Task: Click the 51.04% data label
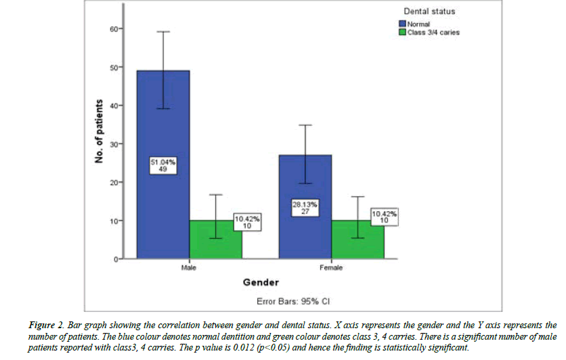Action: click(163, 165)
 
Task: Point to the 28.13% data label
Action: click(305, 207)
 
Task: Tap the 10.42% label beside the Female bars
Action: click(384, 217)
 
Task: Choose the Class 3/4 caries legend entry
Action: click(433, 32)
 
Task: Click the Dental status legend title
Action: click(429, 12)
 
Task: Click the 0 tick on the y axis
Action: click(114, 258)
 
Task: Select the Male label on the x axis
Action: click(190, 268)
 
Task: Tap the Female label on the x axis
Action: click(331, 268)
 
